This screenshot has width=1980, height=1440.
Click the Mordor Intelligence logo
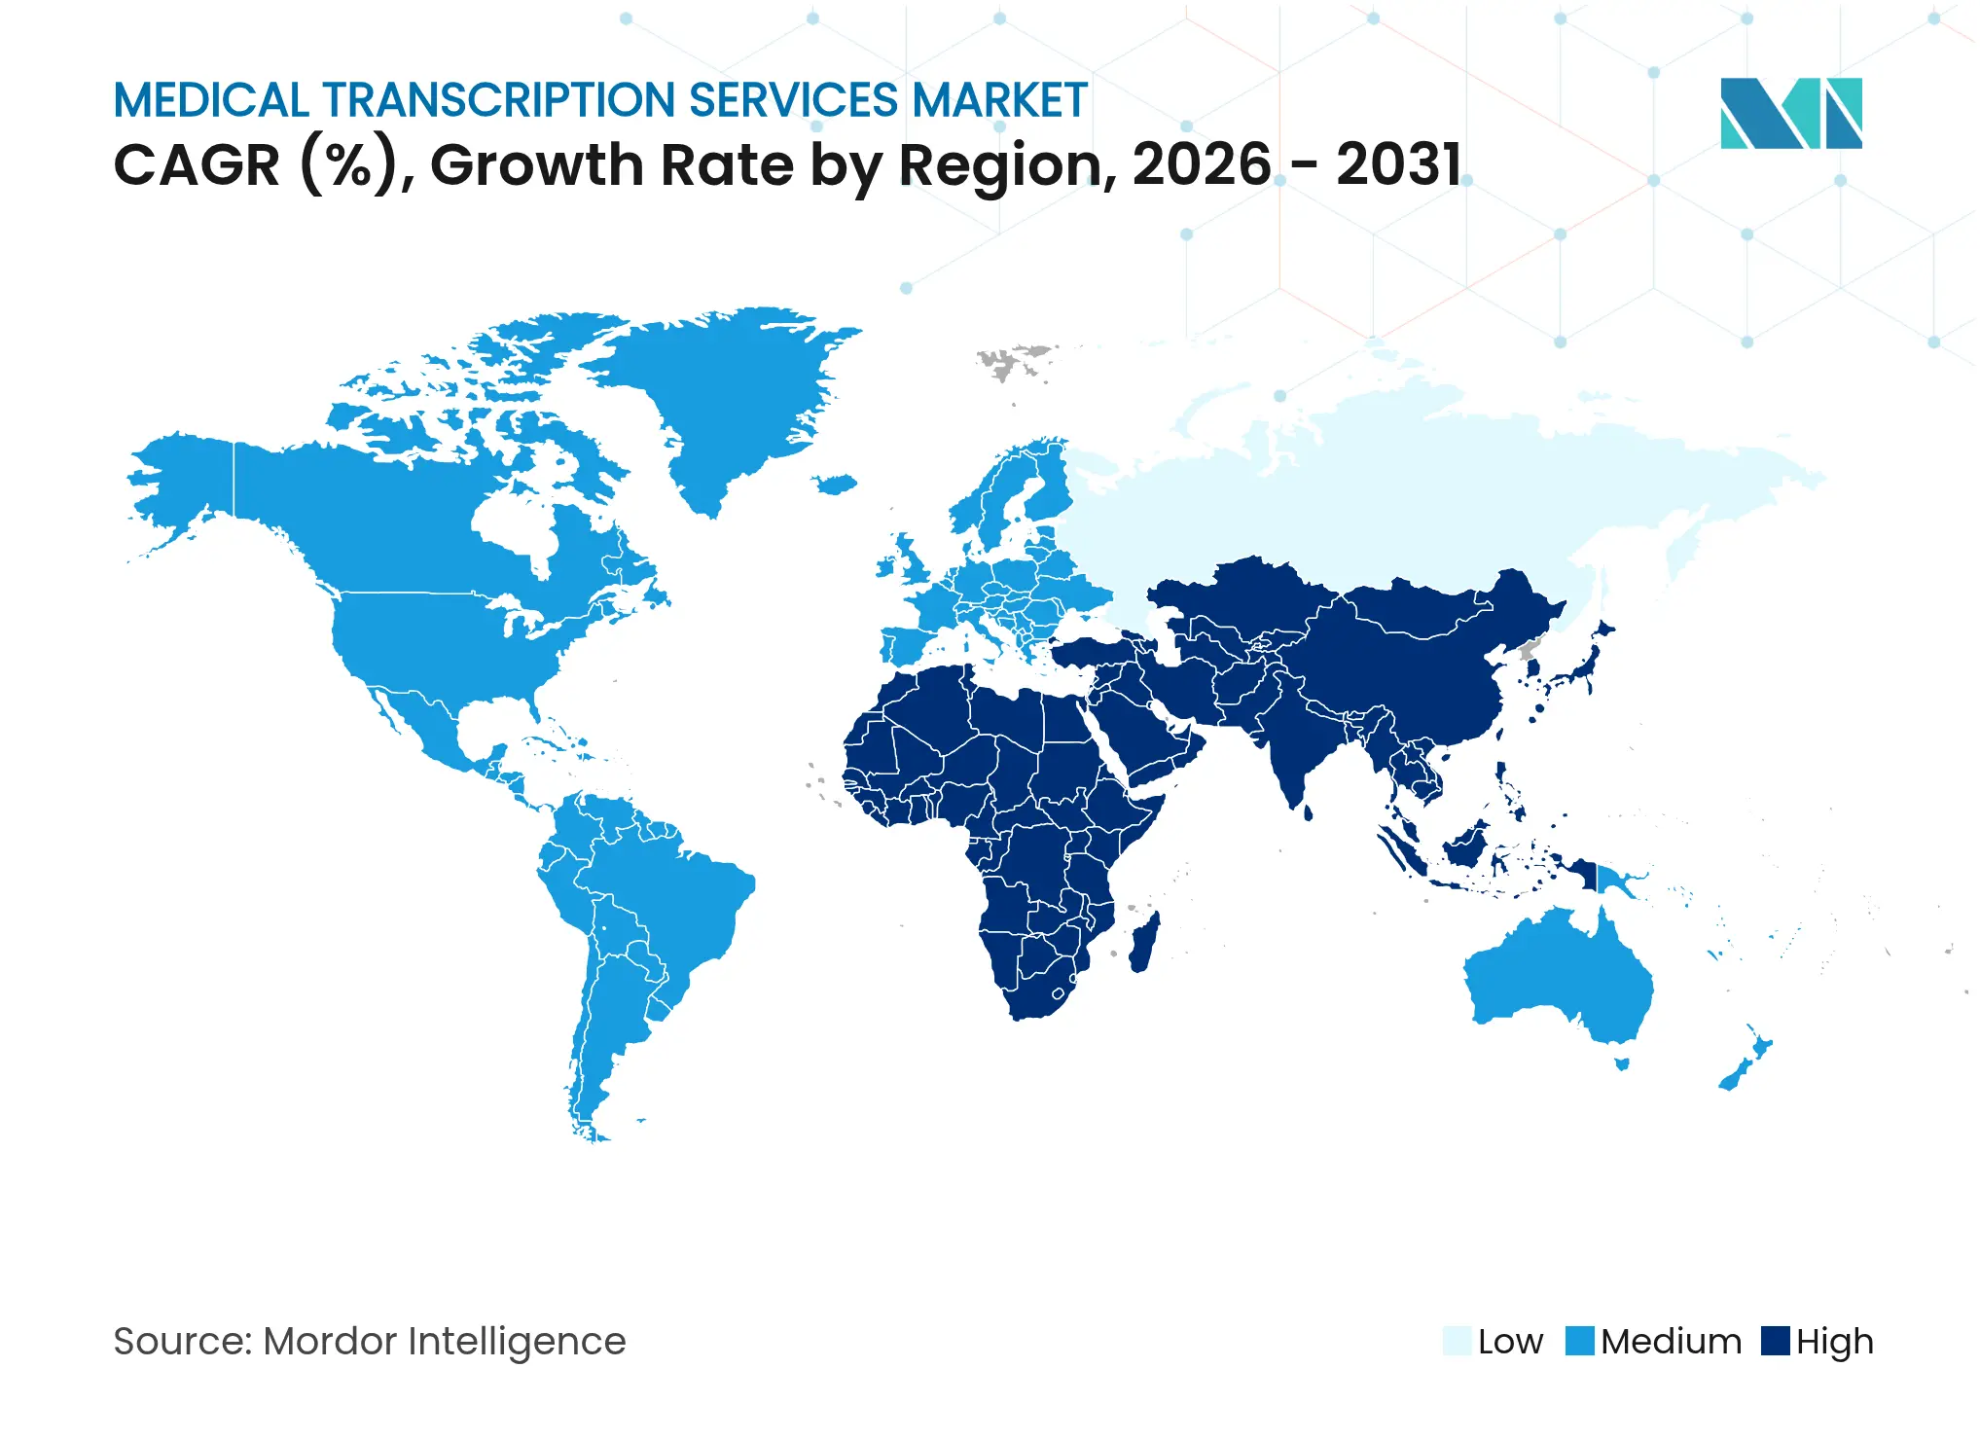pyautogui.click(x=1790, y=113)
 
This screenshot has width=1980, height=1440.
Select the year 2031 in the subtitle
pyautogui.click(x=1398, y=164)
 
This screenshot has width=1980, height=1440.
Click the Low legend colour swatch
pyautogui.click(x=1457, y=1341)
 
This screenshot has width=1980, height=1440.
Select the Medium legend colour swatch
pyautogui.click(x=1580, y=1341)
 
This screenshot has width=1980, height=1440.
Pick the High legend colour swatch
pyautogui.click(x=1775, y=1341)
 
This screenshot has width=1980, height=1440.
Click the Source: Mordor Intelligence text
pyautogui.click(x=370, y=1341)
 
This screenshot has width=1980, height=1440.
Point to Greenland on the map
pyautogui.click(x=720, y=389)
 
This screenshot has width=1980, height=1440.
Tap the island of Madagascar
pyautogui.click(x=1144, y=942)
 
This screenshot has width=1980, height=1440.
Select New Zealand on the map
pyautogui.click(x=1746, y=1065)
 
